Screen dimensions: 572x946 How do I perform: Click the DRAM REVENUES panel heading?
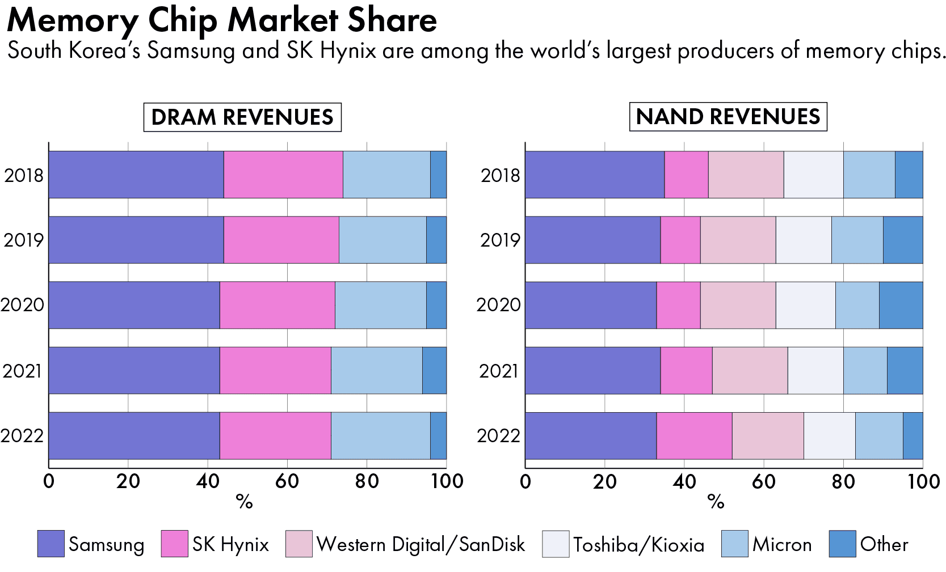coord(242,117)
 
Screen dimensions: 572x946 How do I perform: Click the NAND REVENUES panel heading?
coord(728,117)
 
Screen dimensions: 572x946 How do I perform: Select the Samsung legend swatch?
coord(51,544)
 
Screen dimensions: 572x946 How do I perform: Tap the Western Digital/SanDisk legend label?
coord(421,544)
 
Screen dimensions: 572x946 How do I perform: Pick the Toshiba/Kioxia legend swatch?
coord(556,544)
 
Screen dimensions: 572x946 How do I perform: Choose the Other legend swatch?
coord(842,544)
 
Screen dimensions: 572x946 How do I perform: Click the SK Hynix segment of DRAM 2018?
coord(283,175)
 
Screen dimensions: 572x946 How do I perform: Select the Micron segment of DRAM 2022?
coord(380,435)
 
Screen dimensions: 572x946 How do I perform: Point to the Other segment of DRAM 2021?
coord(434,370)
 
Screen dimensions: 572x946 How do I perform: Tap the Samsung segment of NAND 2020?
coord(591,305)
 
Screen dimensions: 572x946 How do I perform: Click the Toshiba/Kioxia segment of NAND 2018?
coord(813,175)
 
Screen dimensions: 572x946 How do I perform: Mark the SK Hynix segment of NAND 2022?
coord(694,435)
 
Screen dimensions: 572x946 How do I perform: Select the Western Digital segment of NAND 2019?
coord(738,240)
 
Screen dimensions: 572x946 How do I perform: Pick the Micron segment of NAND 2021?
coord(865,370)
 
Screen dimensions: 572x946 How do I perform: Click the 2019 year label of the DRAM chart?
coord(24,240)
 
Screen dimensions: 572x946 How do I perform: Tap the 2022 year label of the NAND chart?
coord(498,436)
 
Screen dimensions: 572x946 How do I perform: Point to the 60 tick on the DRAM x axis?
coord(287,481)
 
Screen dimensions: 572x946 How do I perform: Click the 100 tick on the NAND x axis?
coord(923,481)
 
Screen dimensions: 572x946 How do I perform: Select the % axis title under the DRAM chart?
coord(245,501)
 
